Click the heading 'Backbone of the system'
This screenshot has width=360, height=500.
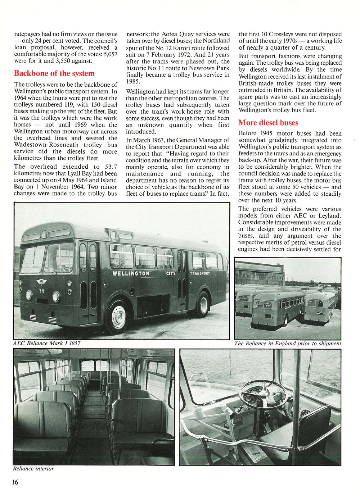pyautogui.click(x=54, y=73)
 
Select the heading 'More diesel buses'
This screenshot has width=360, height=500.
pyautogui.click(x=268, y=123)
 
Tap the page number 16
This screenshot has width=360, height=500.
pyautogui.click(x=15, y=482)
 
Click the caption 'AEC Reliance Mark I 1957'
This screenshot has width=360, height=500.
pyautogui.click(x=46, y=343)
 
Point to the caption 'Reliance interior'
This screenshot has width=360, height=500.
pyautogui.click(x=33, y=469)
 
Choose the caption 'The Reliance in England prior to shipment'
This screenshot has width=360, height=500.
pyautogui.click(x=287, y=344)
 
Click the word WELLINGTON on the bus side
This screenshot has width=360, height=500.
pyautogui.click(x=131, y=273)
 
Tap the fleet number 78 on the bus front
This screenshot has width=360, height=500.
pyautogui.click(x=42, y=290)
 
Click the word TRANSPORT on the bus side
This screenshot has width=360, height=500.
pyautogui.click(x=200, y=273)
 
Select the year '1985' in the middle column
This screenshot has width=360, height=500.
pyautogui.click(x=133, y=82)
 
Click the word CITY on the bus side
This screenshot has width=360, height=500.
pyautogui.click(x=171, y=273)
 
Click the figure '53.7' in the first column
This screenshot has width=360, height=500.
pyautogui.click(x=109, y=167)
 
